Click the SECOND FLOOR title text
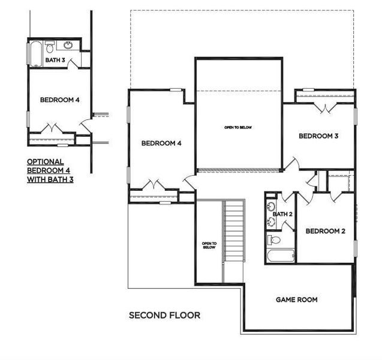[164, 315]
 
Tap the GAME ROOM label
[296, 299]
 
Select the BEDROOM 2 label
[325, 231]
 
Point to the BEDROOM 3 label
[318, 136]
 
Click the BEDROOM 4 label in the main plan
[161, 143]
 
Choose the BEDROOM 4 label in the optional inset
[60, 100]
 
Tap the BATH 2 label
[282, 214]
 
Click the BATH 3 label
[55, 60]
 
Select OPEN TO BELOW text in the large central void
[237, 127]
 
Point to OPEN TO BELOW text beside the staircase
[209, 245]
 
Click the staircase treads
[234, 240]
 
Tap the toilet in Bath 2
[275, 240]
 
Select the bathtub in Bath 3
[36, 53]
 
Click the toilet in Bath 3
[50, 46]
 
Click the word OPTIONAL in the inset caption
[45, 162]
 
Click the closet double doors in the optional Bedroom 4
[52, 128]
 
